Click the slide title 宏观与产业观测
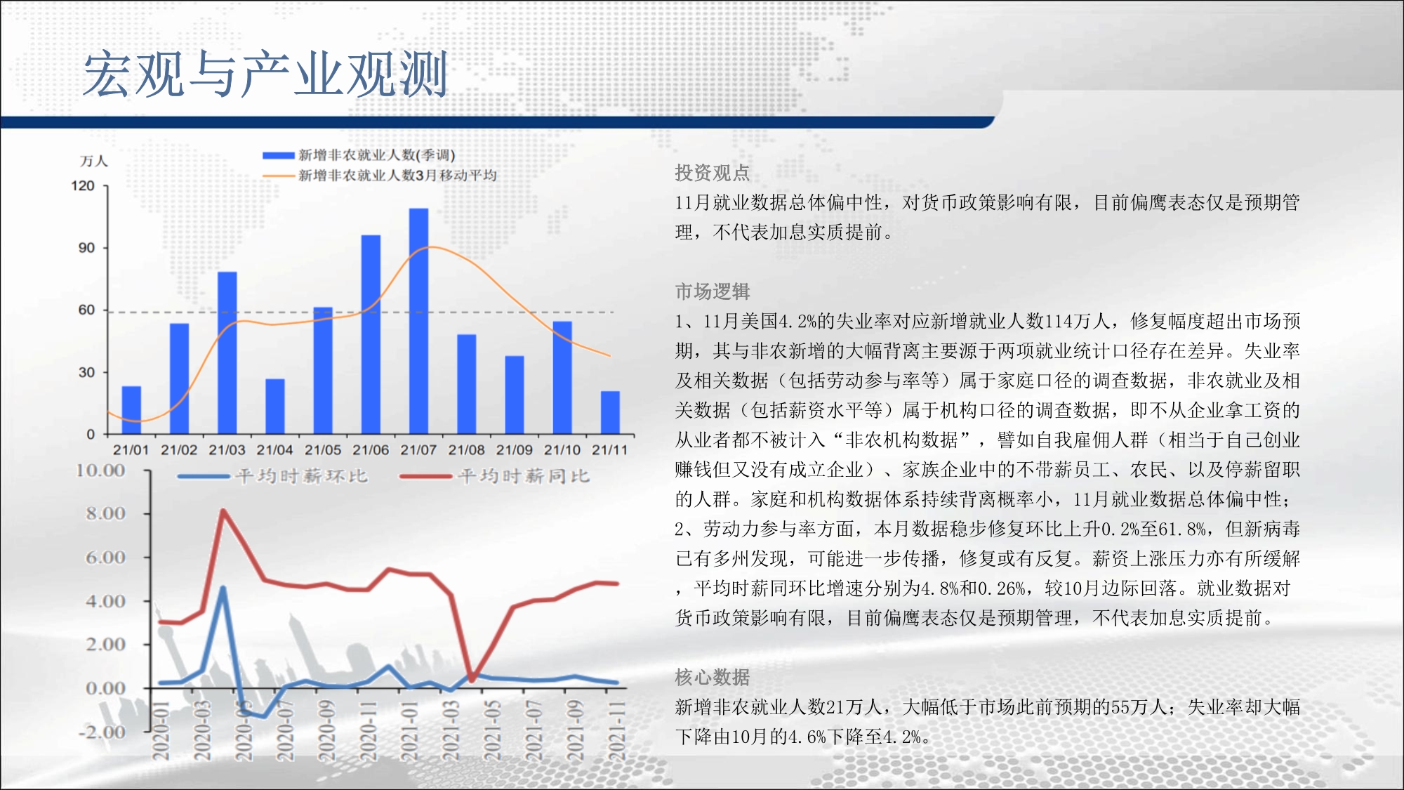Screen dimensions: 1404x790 coord(265,74)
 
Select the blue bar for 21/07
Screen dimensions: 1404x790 coord(418,321)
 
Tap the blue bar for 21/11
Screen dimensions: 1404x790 coord(610,412)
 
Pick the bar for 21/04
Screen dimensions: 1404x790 coord(275,407)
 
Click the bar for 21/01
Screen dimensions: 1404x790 coord(131,410)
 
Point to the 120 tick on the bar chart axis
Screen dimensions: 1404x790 coord(83,186)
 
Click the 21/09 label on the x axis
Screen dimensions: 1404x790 coord(515,449)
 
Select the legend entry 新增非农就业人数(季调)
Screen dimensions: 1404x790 coord(359,155)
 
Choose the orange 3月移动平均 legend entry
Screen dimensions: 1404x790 coord(379,175)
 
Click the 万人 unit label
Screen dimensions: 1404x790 coord(93,162)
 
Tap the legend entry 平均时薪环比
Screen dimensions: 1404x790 coord(273,476)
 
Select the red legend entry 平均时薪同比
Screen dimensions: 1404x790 coord(495,476)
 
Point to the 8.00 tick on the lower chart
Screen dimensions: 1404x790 coord(106,513)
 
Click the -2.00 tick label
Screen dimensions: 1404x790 coord(102,732)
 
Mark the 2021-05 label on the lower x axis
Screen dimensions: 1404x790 coord(494,730)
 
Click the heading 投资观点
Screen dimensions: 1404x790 coord(712,173)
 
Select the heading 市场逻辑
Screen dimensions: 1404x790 coord(712,291)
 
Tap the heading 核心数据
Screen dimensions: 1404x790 coord(712,677)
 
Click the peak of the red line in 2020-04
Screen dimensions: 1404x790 coord(223,511)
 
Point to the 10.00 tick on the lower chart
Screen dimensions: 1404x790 coord(100,470)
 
